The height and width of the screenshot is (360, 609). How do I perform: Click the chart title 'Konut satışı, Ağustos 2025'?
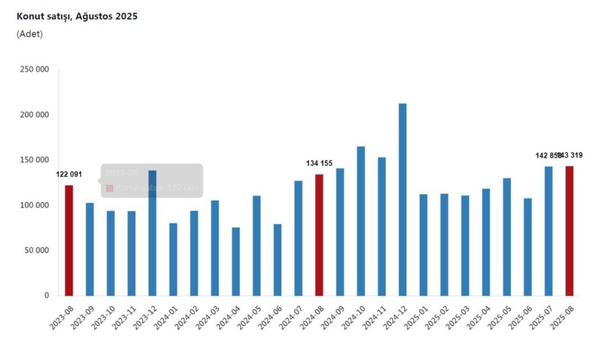77,16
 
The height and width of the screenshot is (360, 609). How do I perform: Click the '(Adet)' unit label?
29,34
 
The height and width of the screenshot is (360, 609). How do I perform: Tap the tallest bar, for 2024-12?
402,199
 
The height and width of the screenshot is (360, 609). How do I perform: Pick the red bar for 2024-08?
319,235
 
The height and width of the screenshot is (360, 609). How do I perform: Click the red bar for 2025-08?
569,230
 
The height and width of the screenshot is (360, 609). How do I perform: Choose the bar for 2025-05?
507,236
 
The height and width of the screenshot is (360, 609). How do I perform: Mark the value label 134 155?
319,163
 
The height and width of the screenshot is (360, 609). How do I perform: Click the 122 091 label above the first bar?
69,174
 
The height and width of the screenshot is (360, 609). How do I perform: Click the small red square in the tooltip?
110,188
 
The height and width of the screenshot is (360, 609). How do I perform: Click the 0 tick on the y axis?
47,296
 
